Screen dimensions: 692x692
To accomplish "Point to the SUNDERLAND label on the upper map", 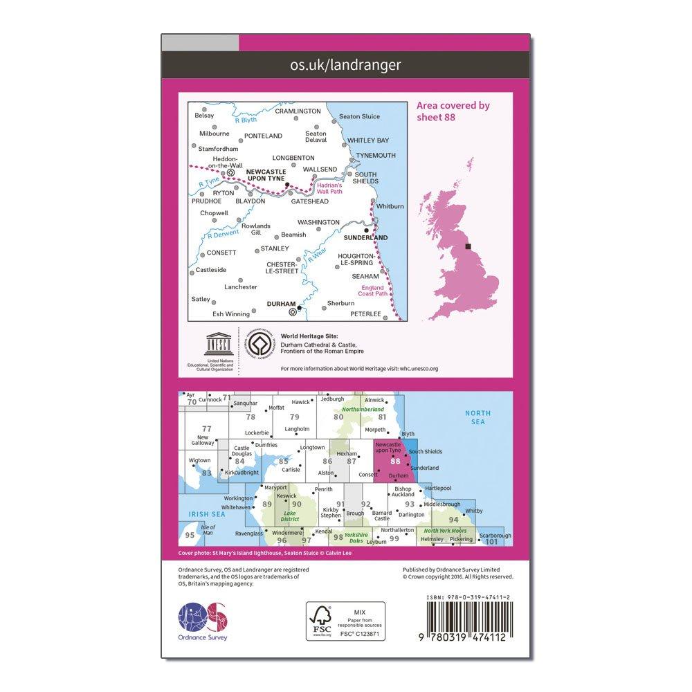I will (365, 237).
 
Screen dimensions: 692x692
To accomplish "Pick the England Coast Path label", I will (372, 290).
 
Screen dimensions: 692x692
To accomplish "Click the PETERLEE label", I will (366, 313).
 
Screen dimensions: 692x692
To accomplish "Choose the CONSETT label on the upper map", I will (221, 253).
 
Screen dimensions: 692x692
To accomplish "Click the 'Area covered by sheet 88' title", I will (453, 111).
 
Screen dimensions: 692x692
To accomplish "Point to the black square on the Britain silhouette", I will (468, 246).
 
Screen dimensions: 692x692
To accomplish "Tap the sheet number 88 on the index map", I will (395, 462).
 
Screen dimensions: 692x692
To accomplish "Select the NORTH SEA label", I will (477, 417).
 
